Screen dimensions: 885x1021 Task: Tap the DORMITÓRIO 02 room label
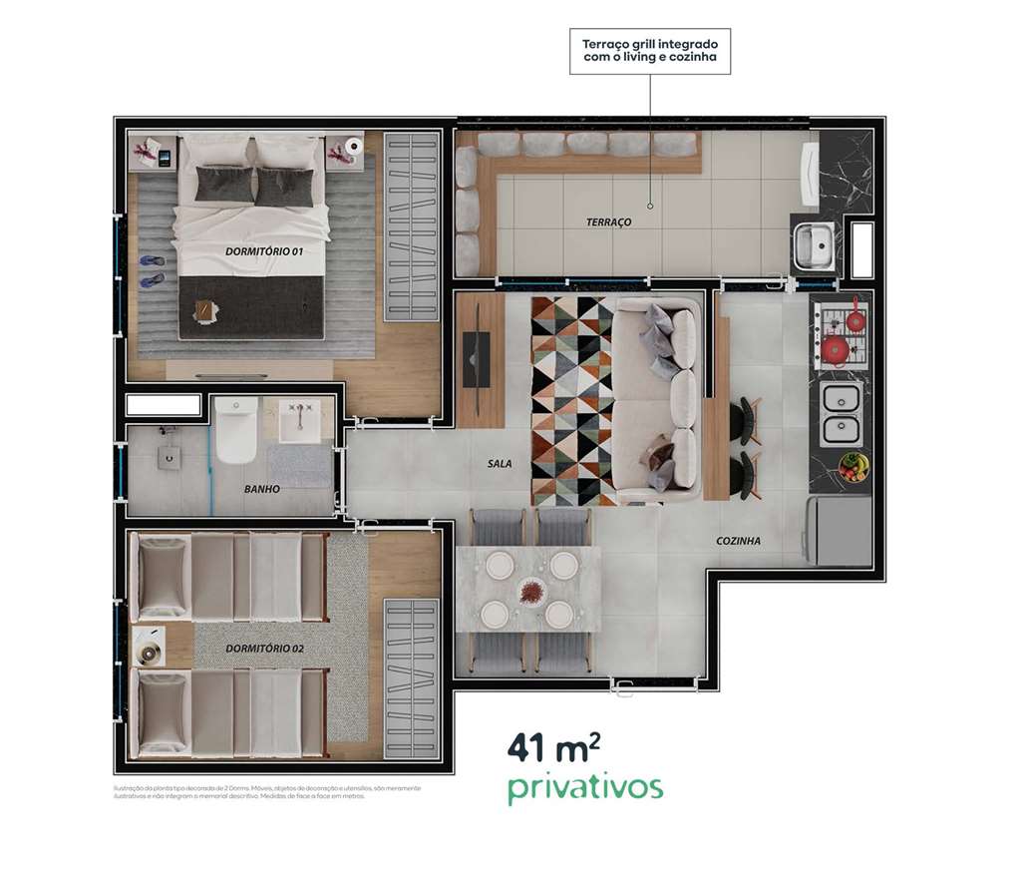click(x=264, y=649)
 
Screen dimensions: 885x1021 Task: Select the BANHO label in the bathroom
click(x=261, y=490)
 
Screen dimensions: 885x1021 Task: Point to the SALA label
click(x=500, y=464)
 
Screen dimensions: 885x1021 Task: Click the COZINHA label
click(x=738, y=541)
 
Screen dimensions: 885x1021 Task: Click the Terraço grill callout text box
click(x=650, y=52)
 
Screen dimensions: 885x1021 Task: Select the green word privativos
click(x=584, y=787)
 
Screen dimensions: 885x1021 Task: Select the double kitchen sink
click(x=840, y=415)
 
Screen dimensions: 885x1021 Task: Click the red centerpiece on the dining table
click(x=528, y=590)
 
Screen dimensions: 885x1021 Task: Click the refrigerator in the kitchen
click(x=839, y=529)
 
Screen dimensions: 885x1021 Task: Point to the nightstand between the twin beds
click(x=153, y=645)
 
